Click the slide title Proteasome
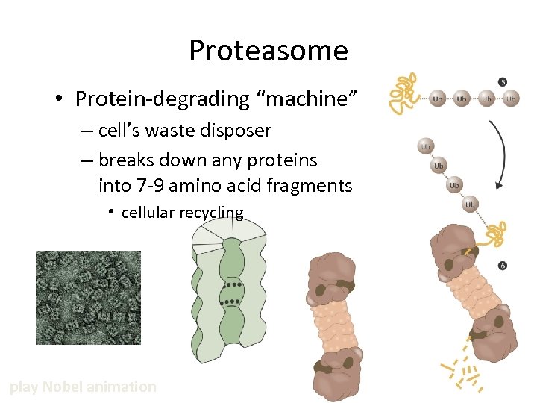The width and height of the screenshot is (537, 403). tap(268, 51)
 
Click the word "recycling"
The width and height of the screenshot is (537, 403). tap(211, 213)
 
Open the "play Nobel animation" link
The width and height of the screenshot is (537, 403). tap(83, 387)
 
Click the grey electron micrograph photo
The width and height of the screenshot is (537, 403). tap(88, 297)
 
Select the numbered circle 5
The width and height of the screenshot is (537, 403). tap(503, 81)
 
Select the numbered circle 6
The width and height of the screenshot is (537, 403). tap(502, 266)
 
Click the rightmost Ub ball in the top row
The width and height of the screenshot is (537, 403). tap(511, 99)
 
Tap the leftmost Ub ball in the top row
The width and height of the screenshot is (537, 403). tap(438, 99)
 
